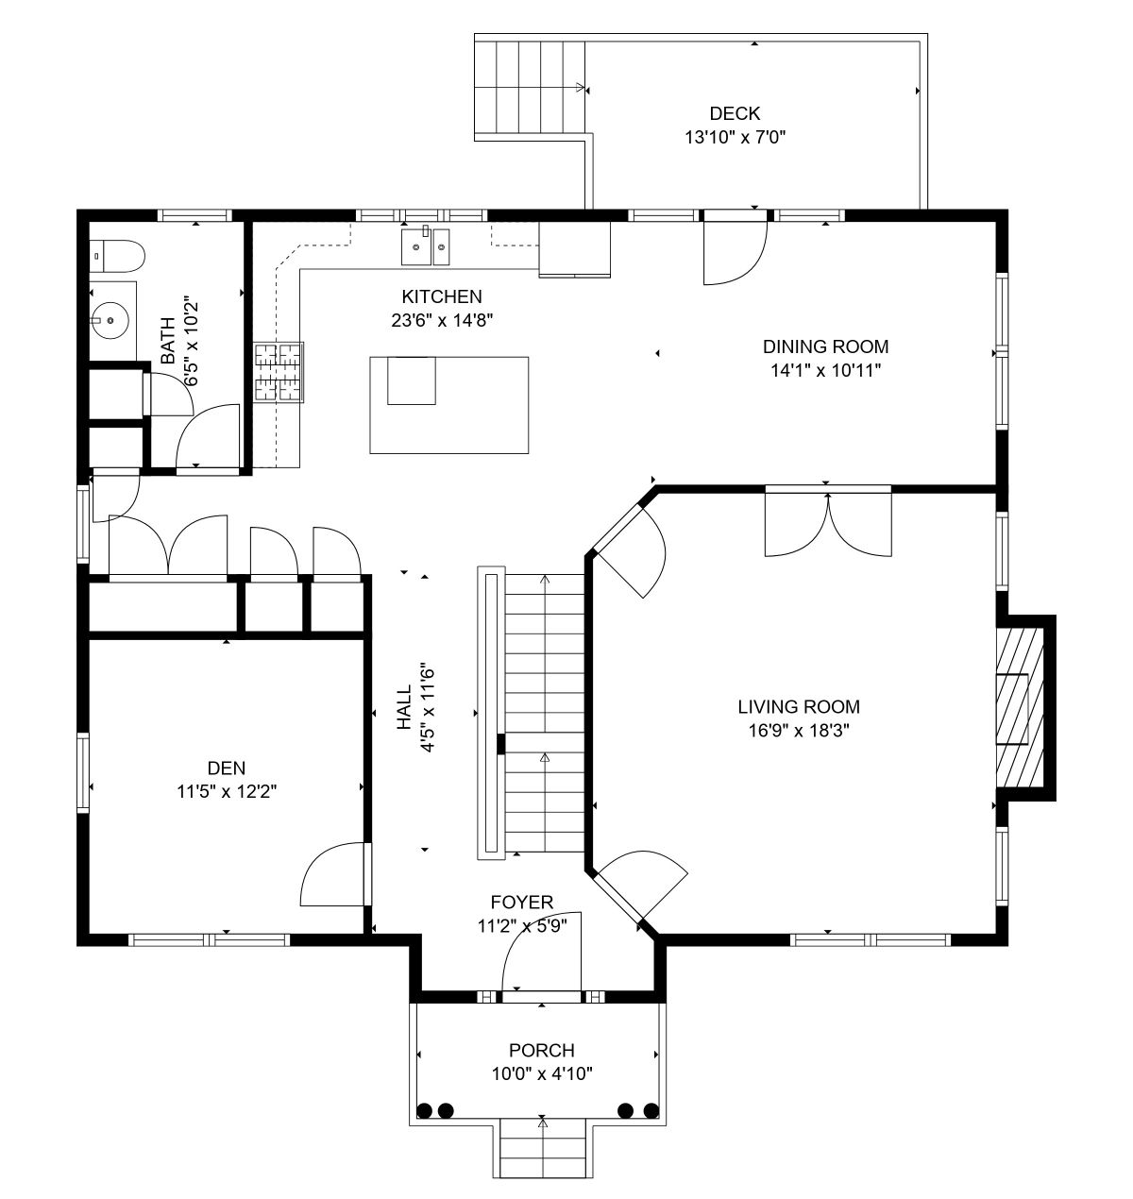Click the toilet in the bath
117,256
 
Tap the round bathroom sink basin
110,320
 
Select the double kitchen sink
425,247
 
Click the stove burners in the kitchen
279,372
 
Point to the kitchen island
449,404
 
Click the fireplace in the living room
1020,707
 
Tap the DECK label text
735,113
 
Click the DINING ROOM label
825,346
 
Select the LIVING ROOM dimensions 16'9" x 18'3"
799,731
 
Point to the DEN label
227,768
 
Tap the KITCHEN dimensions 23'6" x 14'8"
442,320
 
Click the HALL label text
403,707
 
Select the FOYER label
522,902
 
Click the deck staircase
530,87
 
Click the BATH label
167,341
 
